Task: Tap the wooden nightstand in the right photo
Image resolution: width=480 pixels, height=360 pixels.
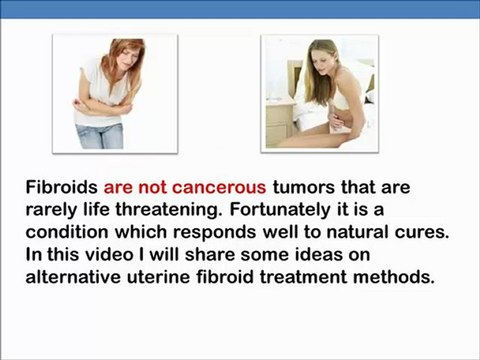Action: point(280,120)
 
